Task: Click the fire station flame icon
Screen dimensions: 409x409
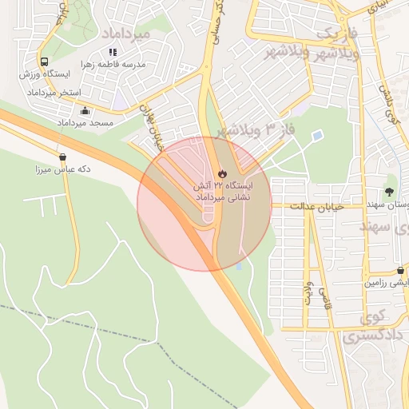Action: click(x=222, y=172)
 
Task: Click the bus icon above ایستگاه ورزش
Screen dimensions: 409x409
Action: click(x=45, y=62)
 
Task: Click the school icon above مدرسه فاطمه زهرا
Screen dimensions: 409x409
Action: click(x=113, y=52)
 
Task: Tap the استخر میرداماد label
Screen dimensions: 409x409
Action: click(x=54, y=93)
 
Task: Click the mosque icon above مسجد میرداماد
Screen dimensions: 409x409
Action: click(x=85, y=111)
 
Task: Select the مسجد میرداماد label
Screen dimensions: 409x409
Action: click(x=85, y=124)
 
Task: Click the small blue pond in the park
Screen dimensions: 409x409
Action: click(x=318, y=136)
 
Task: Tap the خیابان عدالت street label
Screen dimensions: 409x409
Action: click(x=316, y=206)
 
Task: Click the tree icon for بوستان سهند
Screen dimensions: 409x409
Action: click(x=389, y=192)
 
